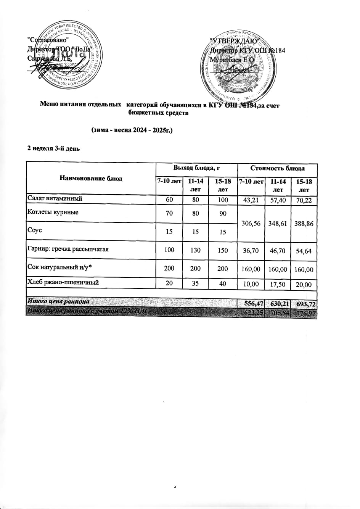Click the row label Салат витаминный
click(x=55, y=198)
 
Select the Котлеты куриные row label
click(x=53, y=212)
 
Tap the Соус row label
click(x=35, y=230)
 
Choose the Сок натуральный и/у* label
click(x=60, y=268)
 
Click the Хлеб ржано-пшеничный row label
click(x=63, y=282)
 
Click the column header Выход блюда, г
click(x=197, y=168)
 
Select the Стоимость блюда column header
click(x=277, y=168)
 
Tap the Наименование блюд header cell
click(x=91, y=178)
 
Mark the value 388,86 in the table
click(x=304, y=223)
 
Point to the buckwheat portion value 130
click(x=196, y=250)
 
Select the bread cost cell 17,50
click(x=278, y=284)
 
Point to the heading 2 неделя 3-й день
click(x=53, y=148)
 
